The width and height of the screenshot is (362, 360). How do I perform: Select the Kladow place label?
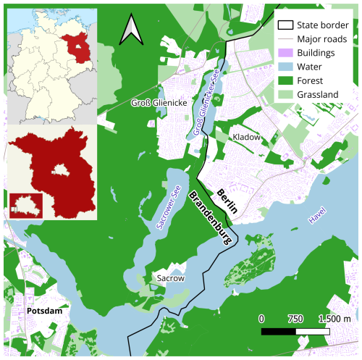pos(246,136)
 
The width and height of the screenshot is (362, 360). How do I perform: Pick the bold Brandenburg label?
pos(211,221)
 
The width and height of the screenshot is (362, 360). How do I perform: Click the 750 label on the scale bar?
pos(295,319)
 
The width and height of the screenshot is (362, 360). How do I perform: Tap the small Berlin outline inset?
pos(24,202)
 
